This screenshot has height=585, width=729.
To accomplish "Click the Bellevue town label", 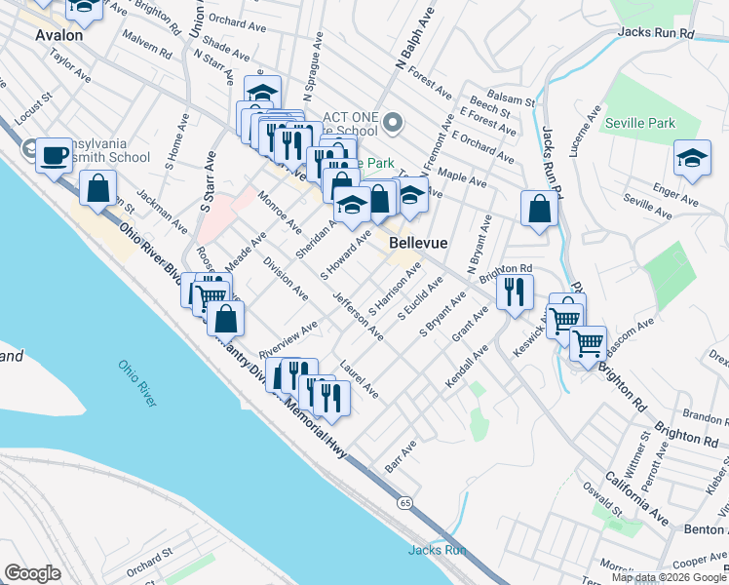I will point(418,241).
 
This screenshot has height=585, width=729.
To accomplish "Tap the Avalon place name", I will point(58,33).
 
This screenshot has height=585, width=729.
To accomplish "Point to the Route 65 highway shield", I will point(404,502).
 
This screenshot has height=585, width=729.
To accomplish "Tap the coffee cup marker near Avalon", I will point(54,155).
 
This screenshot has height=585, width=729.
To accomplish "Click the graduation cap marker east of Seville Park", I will point(691,158).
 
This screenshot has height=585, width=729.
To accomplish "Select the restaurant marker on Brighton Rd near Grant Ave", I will point(514,290).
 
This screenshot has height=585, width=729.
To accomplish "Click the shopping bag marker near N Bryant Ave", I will point(539,208).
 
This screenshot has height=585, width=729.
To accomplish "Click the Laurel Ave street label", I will point(359,379).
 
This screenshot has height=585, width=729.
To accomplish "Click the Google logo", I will point(33,573).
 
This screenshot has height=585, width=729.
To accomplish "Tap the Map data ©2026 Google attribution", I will point(667,577).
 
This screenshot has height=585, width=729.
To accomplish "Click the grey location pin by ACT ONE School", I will point(393,123).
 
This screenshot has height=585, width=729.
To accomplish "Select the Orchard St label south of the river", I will point(148,564).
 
